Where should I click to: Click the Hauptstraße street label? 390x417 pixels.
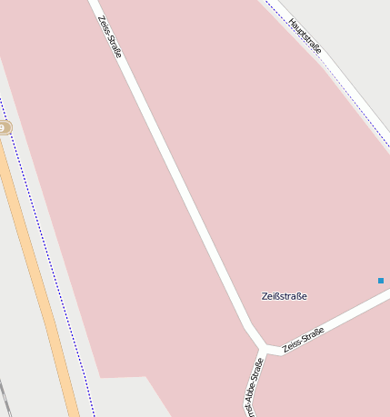point(305,36)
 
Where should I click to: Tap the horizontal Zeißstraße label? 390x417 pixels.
point(284,296)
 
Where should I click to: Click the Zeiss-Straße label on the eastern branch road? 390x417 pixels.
point(303,340)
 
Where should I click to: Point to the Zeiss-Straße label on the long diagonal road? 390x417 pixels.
point(109,36)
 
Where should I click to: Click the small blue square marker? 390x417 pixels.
point(381,281)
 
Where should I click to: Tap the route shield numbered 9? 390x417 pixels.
point(5,128)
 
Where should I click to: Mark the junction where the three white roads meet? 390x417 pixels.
point(266,349)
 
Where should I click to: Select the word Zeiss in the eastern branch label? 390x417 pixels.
point(292,345)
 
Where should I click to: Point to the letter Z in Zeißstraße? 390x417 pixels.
point(265,296)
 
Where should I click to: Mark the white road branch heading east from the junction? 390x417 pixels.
point(345,313)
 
